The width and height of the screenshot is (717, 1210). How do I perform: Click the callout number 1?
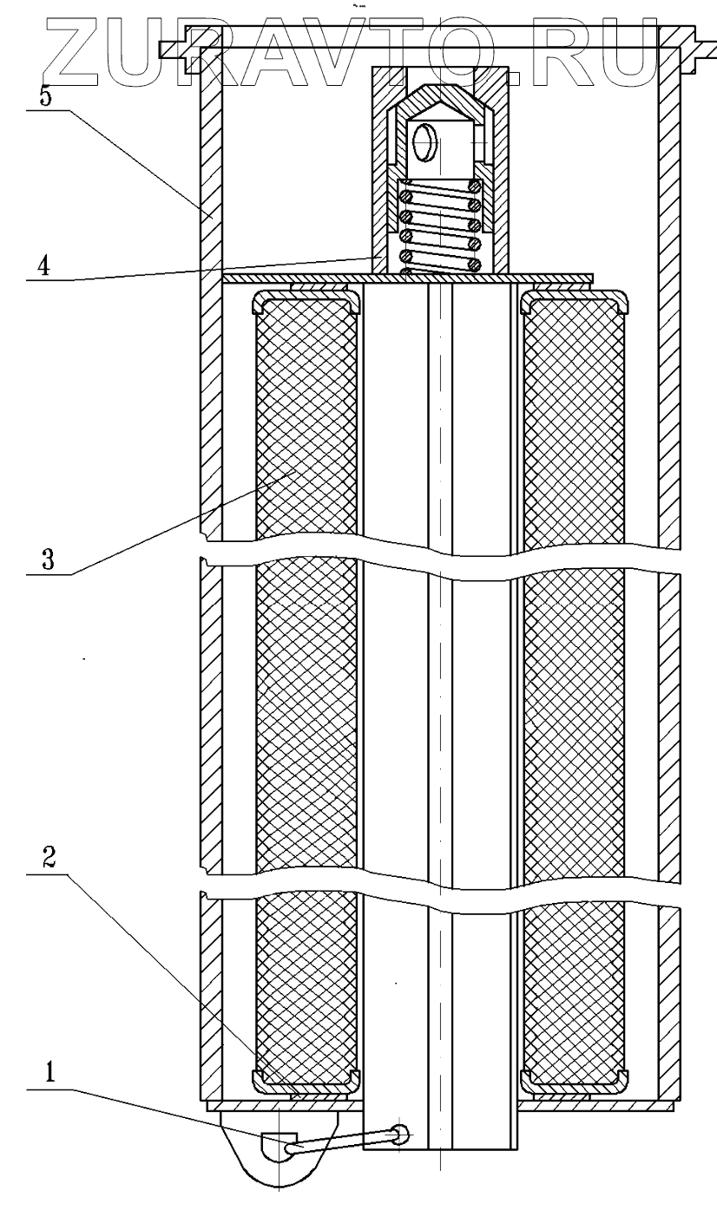coord(50,1072)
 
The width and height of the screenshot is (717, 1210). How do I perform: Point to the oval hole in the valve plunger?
coord(426,141)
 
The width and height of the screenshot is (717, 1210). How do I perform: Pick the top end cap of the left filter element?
coord(306,299)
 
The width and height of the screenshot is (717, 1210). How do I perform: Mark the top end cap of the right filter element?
coord(574,299)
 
